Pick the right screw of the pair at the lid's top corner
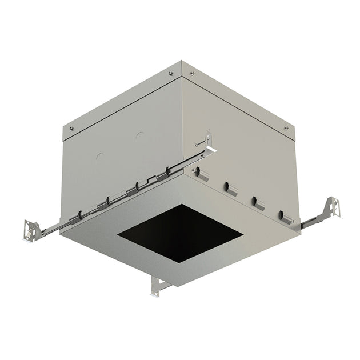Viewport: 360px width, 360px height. (x=191, y=73)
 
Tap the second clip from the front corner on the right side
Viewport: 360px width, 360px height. (x=227, y=186)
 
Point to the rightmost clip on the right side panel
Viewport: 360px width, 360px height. (x=282, y=216)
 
